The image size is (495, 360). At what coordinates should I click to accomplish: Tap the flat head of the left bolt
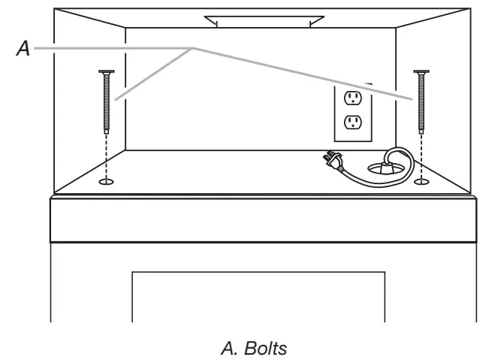[x=106, y=72]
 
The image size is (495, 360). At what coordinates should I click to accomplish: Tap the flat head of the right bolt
[x=421, y=72]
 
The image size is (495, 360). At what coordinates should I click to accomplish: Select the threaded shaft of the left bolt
[x=106, y=101]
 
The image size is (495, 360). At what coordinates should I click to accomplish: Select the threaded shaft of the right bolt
[x=421, y=101]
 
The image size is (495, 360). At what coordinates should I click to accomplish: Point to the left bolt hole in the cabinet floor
[x=107, y=181]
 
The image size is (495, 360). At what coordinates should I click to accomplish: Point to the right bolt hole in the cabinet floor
[x=421, y=181]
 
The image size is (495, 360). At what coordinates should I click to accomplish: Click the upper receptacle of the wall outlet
[x=352, y=97]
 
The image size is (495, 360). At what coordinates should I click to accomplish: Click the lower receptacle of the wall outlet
[x=352, y=122]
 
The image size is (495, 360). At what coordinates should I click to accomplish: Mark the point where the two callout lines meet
[x=193, y=49]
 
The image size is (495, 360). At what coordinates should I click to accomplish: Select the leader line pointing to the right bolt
[x=300, y=73]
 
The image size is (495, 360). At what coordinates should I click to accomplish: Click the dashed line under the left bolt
[x=107, y=154]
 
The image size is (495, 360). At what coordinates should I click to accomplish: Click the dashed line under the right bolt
[x=421, y=154]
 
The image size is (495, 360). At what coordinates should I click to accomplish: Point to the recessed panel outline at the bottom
[x=260, y=272]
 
